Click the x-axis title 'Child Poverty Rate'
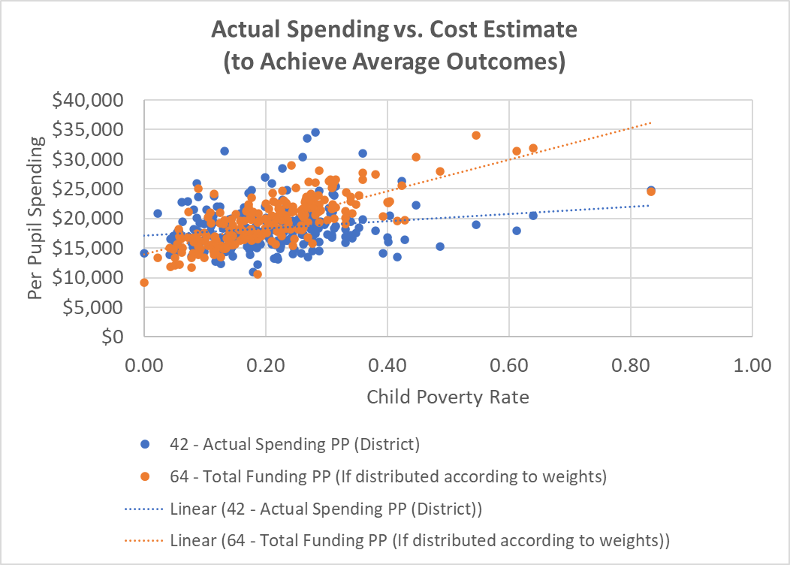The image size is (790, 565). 448,397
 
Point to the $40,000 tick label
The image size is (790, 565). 93,100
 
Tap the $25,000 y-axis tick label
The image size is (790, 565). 93,189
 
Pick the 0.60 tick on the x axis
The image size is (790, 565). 508,366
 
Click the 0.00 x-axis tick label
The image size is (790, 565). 143,366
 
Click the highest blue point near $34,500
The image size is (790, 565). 315,132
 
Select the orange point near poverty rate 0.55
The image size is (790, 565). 476,135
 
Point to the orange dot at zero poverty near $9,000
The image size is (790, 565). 144,282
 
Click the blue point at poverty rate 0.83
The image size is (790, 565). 650,190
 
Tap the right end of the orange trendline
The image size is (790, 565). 650,122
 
